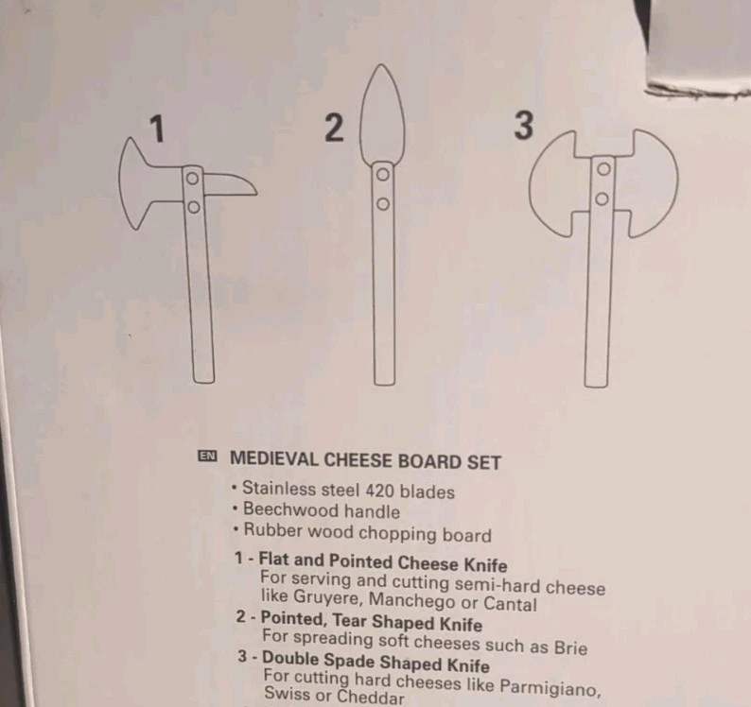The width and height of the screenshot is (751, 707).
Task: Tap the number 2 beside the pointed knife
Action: pos(334,128)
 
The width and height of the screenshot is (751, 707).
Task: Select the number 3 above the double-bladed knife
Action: pos(523,126)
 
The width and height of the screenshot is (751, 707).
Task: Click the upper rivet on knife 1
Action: pos(192,178)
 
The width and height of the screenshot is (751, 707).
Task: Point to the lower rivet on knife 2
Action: pos(383,202)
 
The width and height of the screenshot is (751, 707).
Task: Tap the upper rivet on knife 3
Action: pos(602,171)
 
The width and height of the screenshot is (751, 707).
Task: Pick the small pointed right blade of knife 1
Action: pos(228,184)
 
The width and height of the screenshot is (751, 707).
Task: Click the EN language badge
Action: pos(207,457)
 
